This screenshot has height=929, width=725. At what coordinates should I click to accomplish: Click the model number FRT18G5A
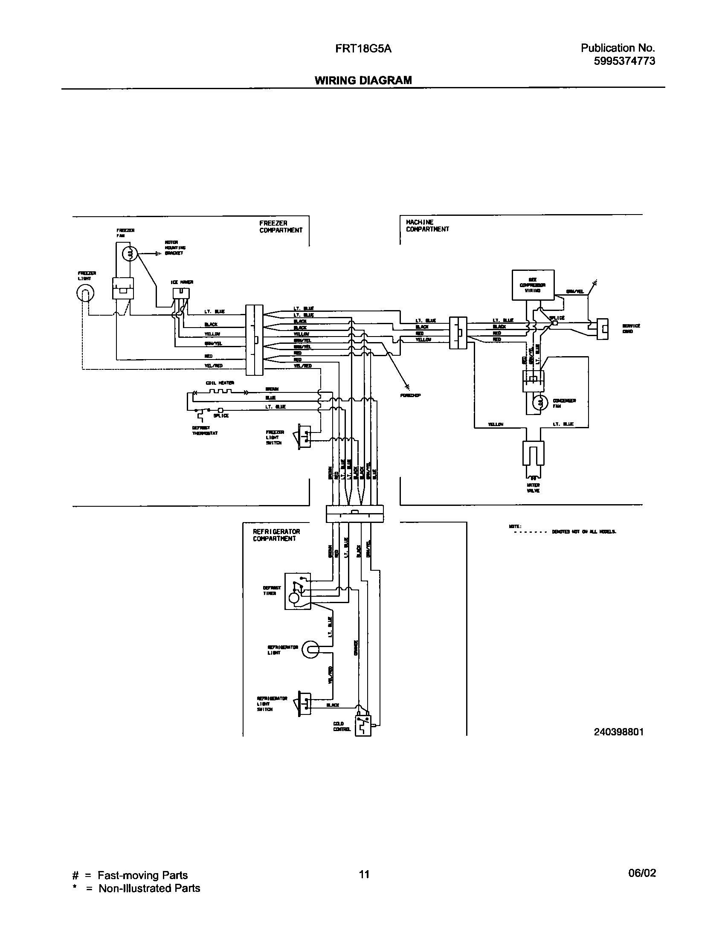coord(363,49)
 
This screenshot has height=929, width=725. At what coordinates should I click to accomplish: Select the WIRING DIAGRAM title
coord(363,80)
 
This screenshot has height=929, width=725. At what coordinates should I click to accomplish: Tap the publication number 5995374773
coord(624,61)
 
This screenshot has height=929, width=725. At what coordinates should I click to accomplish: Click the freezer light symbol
coord(85,293)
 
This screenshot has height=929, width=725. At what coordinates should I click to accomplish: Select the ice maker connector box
coord(181,293)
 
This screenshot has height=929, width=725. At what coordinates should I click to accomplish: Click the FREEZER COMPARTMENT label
coord(281,226)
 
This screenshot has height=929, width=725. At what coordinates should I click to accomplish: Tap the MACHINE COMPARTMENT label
coord(427,226)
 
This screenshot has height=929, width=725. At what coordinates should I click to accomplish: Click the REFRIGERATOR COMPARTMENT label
coord(276,535)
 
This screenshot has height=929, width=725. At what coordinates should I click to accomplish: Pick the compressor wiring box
coord(533,285)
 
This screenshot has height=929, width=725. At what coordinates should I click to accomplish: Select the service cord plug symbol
coord(602,328)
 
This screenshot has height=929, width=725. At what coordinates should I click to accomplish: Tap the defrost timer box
coord(298,591)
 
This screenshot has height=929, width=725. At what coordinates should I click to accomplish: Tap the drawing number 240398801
coord(618,732)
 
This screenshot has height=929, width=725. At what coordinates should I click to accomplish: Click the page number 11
coord(363,874)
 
